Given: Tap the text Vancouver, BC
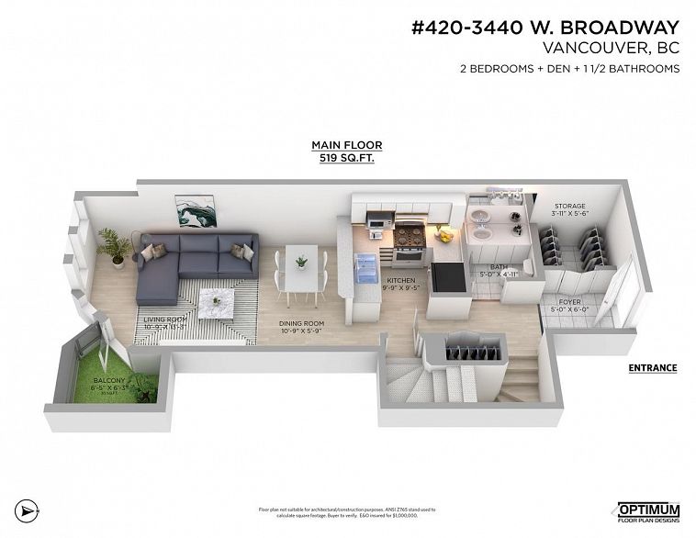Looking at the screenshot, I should (x=611, y=48).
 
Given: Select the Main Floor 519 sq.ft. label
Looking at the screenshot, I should (x=346, y=151).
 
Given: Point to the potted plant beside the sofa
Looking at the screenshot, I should (x=117, y=247).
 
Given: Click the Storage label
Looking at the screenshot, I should (x=569, y=209).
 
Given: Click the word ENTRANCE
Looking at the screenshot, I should (x=652, y=368).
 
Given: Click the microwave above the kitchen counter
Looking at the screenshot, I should (x=376, y=220).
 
